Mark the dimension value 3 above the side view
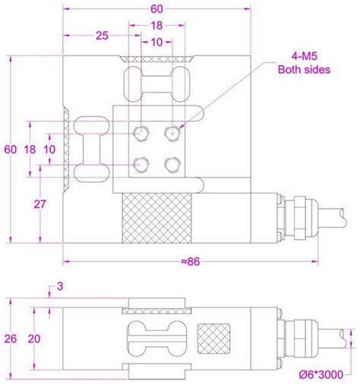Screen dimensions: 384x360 60,285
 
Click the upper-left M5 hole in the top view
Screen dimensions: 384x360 142,133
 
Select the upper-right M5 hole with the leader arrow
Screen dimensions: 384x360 173,133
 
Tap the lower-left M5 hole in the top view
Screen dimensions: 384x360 142,164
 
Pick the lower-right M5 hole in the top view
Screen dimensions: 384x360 173,164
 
